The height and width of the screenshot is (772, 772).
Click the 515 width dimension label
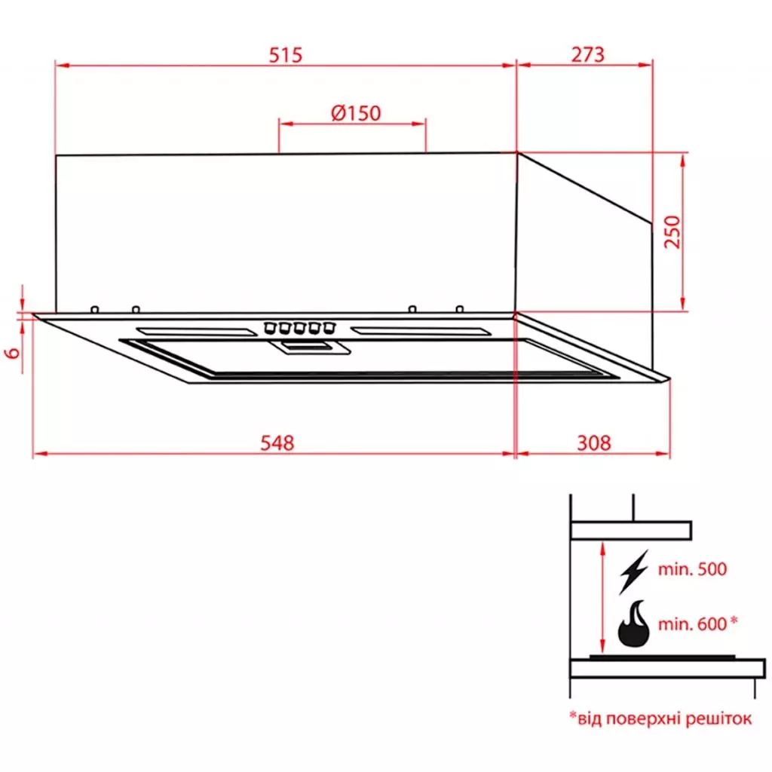tap(285, 54)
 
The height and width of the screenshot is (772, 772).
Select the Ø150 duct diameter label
tap(355, 112)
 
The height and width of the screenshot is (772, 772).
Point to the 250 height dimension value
tap(672, 231)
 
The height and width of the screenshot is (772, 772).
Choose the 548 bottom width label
tap(277, 443)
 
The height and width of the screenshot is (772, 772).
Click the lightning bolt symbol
tap(633, 572)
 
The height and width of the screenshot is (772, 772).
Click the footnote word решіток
tap(718, 718)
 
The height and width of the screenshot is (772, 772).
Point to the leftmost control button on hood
tap(268, 327)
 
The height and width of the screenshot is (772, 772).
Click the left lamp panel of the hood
tap(194, 331)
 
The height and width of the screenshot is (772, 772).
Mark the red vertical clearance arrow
tap(602, 599)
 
